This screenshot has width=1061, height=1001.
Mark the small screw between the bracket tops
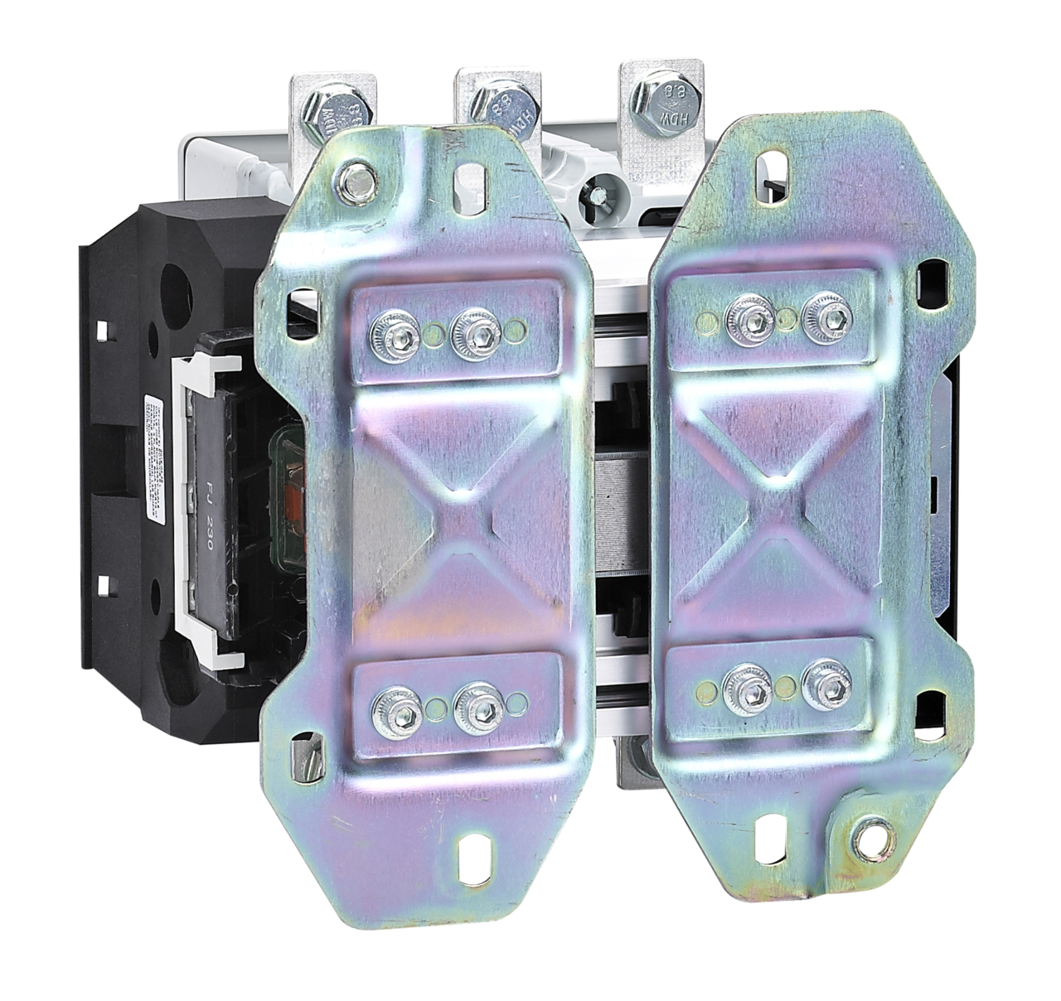point(594,196)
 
